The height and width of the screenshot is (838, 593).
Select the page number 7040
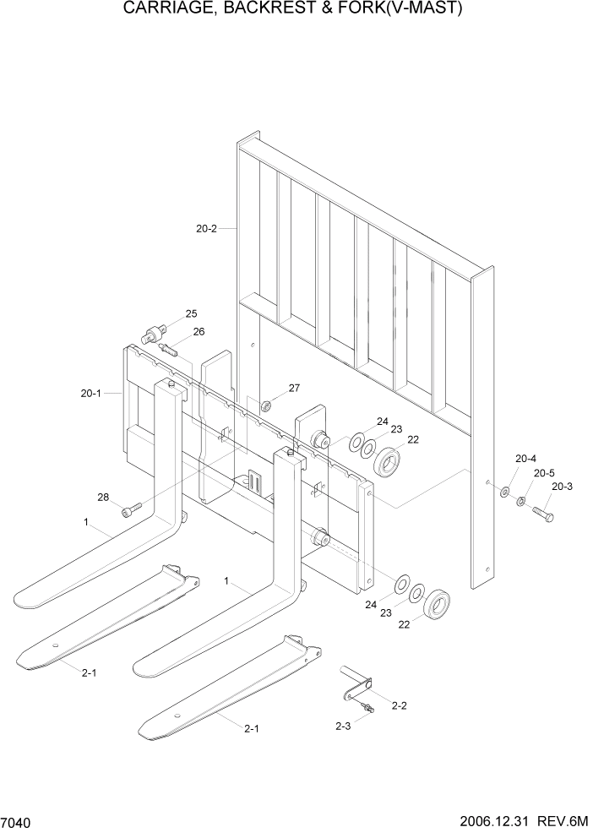click(x=18, y=822)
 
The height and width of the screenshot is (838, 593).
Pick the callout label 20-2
click(x=206, y=228)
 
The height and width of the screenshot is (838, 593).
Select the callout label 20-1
click(x=91, y=393)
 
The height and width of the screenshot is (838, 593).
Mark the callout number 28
click(x=103, y=498)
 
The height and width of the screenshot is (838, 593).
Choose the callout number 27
click(x=294, y=388)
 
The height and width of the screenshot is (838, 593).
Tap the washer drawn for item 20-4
click(x=504, y=491)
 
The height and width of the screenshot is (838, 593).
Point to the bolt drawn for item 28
click(x=129, y=509)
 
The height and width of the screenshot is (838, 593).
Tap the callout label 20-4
click(x=525, y=459)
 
